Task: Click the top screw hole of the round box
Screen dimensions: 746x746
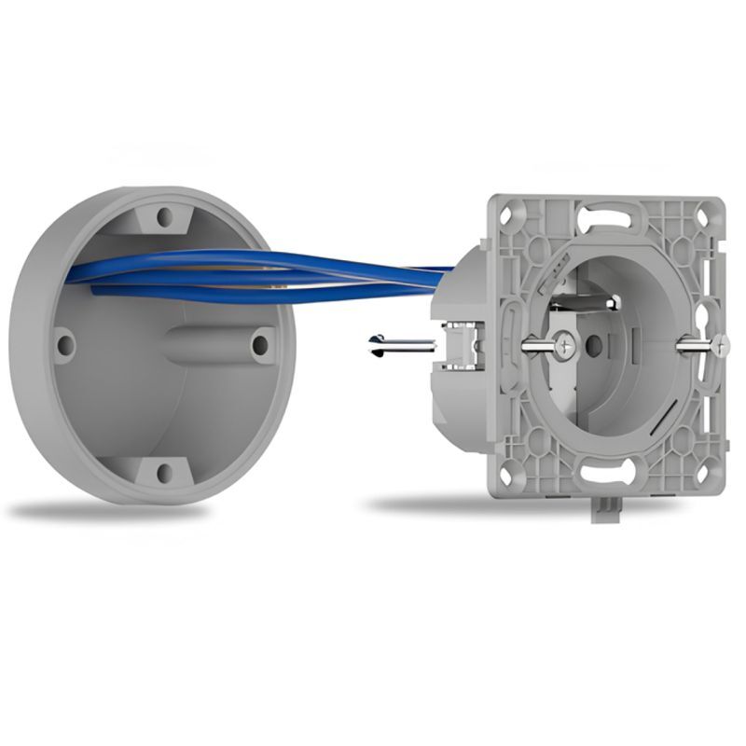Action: [x=165, y=216]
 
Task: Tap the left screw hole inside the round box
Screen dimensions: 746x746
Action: [x=65, y=345]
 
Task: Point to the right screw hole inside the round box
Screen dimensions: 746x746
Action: [x=260, y=345]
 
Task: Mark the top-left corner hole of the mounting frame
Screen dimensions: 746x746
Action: [x=509, y=216]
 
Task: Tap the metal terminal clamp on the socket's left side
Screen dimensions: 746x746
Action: [x=456, y=345]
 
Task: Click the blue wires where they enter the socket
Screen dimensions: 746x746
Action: [x=438, y=271]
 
